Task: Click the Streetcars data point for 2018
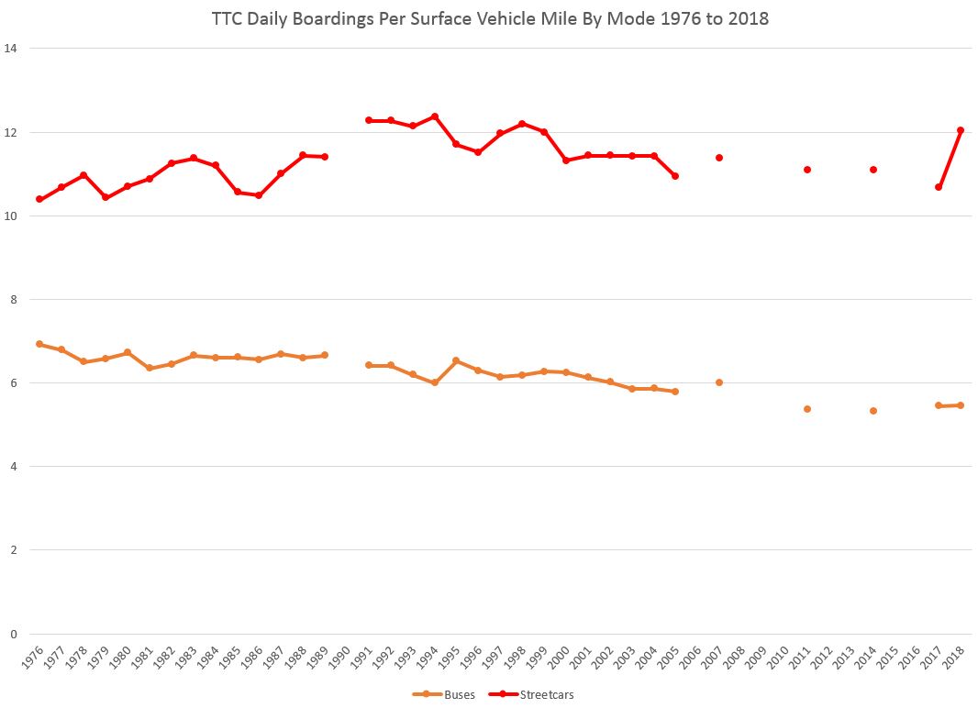click(x=961, y=130)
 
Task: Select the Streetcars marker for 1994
click(x=435, y=116)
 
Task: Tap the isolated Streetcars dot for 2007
click(x=719, y=158)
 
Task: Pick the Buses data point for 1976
click(x=39, y=344)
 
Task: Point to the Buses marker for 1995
click(x=456, y=360)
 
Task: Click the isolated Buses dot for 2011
click(x=807, y=409)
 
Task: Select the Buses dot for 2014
click(x=873, y=411)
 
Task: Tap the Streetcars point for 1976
click(x=39, y=199)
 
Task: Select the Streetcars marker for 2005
click(x=675, y=176)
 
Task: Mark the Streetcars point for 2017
click(x=939, y=187)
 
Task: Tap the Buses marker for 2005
click(x=675, y=392)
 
